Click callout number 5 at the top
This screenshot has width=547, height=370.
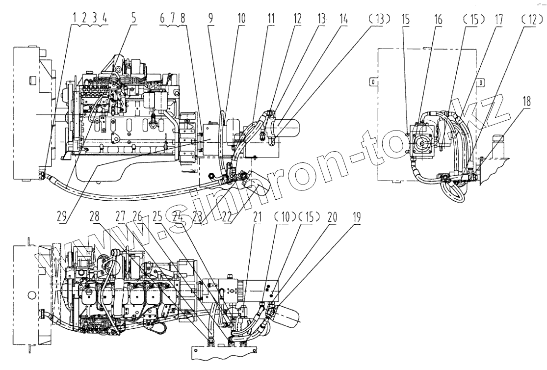pyautogui.click(x=133, y=18)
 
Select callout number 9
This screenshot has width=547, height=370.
pyautogui.click(x=210, y=18)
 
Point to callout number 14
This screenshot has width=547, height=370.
pyautogui.click(x=343, y=18)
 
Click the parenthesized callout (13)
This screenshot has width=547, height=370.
pyautogui.click(x=379, y=18)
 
